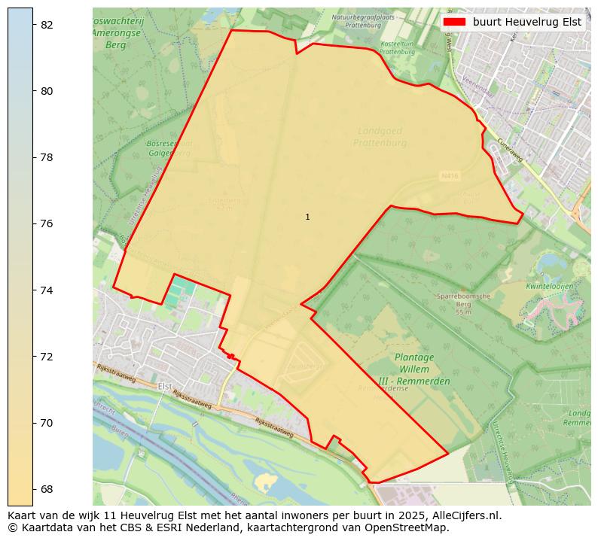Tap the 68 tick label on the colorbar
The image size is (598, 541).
click(47, 489)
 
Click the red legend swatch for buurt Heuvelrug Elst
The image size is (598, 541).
click(454, 22)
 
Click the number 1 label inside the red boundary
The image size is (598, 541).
click(307, 217)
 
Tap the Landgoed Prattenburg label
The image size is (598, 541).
click(382, 137)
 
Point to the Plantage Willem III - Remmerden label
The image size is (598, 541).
click(414, 369)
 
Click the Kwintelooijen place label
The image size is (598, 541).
click(550, 287)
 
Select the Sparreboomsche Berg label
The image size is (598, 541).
click(463, 304)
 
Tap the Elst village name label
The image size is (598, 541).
click(165, 386)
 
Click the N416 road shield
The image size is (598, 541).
click(448, 175)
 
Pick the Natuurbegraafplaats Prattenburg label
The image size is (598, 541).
click(358, 20)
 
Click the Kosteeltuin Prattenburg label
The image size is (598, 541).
click(398, 48)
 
